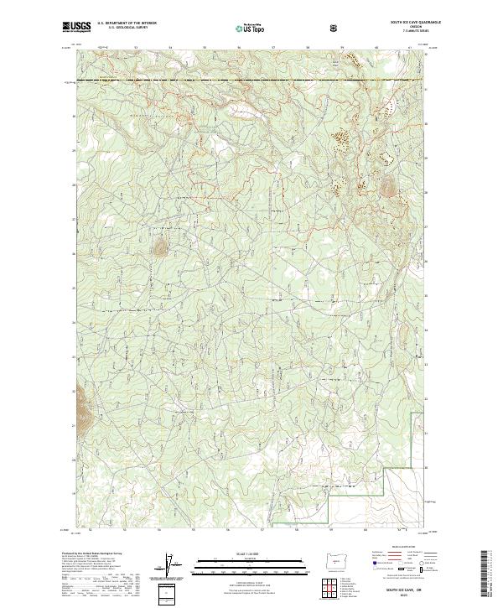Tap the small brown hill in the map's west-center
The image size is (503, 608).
point(158,246)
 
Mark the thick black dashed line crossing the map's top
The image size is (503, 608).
point(251,81)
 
